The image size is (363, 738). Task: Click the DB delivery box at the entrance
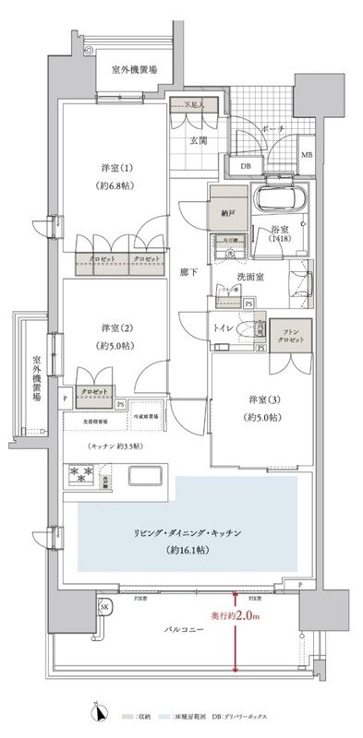click(x=245, y=166)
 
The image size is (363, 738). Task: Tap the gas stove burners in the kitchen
click(x=79, y=477)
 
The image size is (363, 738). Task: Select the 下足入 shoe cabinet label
click(x=192, y=106)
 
